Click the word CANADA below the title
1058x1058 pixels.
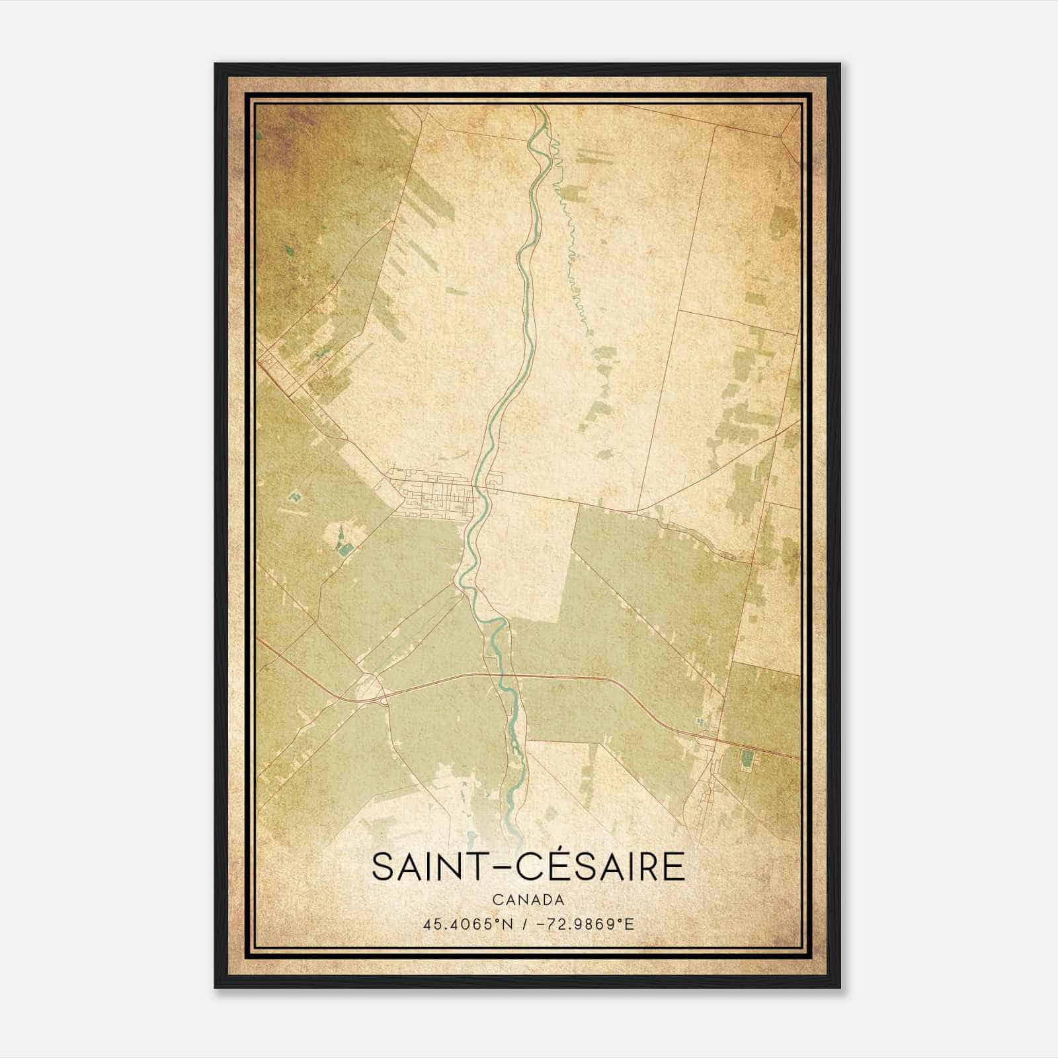coord(528,900)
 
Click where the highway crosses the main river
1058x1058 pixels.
coord(497,675)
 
